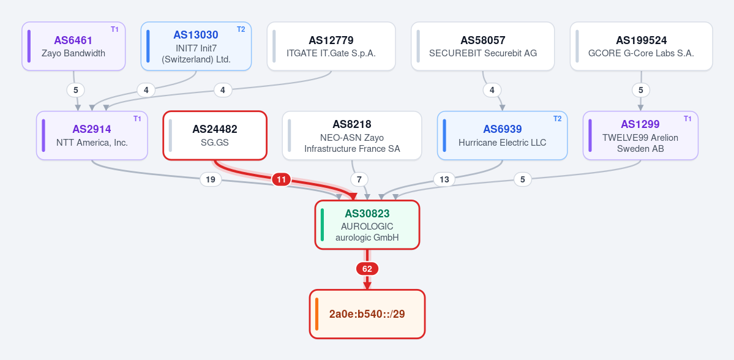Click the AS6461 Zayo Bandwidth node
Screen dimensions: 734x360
(x=73, y=47)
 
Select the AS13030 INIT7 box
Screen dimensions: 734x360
(x=196, y=47)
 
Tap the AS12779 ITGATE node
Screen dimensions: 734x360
(x=331, y=47)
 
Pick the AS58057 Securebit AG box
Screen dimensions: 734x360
(x=482, y=47)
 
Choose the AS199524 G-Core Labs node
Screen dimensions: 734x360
(x=642, y=47)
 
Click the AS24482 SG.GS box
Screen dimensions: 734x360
(x=215, y=135)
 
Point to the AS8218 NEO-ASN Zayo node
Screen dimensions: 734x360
(x=352, y=135)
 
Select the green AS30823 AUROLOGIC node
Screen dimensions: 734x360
(x=367, y=225)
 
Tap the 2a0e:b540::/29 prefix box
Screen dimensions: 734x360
(x=367, y=313)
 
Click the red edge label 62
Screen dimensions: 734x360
(x=367, y=269)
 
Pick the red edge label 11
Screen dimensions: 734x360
(x=282, y=179)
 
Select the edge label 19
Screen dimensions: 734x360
(x=211, y=179)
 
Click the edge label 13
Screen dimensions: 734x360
(x=444, y=179)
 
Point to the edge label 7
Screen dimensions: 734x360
(x=359, y=179)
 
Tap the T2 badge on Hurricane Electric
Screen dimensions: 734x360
(x=557, y=119)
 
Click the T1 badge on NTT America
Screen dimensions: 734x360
(x=137, y=119)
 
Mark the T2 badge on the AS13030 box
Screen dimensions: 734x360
(x=241, y=29)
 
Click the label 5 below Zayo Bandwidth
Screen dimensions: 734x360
(x=75, y=89)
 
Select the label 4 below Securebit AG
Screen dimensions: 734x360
(x=492, y=89)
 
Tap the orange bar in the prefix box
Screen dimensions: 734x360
(x=317, y=313)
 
